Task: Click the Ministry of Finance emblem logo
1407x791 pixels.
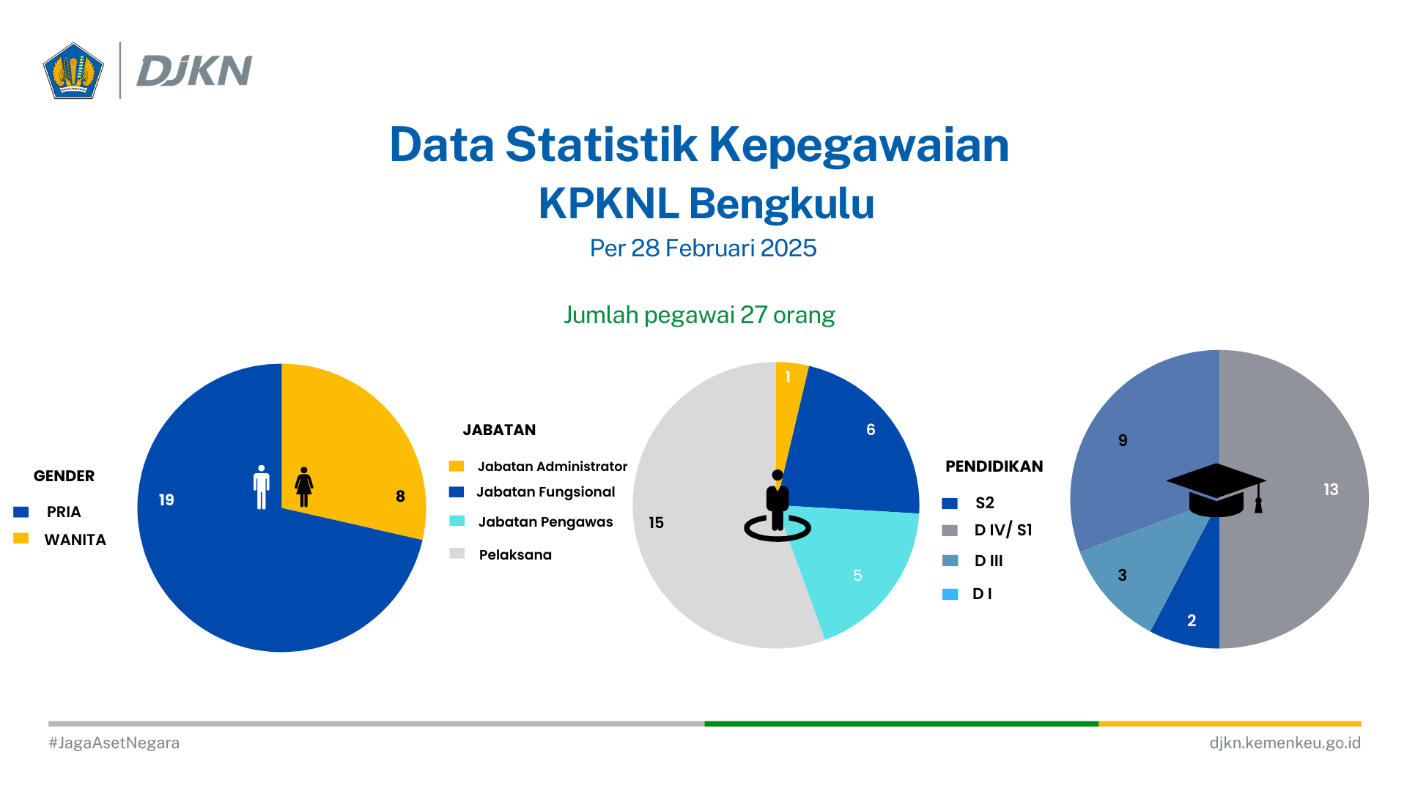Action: (x=73, y=70)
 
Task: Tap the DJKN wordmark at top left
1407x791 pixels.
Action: (x=194, y=71)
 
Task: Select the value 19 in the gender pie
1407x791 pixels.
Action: (x=166, y=500)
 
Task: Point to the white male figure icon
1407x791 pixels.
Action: (x=262, y=487)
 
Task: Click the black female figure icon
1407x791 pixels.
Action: (x=304, y=487)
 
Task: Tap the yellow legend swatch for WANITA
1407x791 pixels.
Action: (x=21, y=538)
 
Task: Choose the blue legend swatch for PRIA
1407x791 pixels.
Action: (x=21, y=512)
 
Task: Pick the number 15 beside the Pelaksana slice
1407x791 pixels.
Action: (x=656, y=523)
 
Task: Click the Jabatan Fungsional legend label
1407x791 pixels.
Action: (x=546, y=492)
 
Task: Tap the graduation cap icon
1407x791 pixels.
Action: (x=1216, y=489)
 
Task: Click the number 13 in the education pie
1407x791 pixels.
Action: (x=1331, y=489)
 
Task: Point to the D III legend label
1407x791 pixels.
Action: (x=989, y=561)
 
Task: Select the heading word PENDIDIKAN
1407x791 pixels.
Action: (x=994, y=467)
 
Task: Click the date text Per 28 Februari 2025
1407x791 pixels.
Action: (x=703, y=248)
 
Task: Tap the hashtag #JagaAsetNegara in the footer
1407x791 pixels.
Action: (x=114, y=743)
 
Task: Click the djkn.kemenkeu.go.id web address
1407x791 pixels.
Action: (x=1285, y=743)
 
